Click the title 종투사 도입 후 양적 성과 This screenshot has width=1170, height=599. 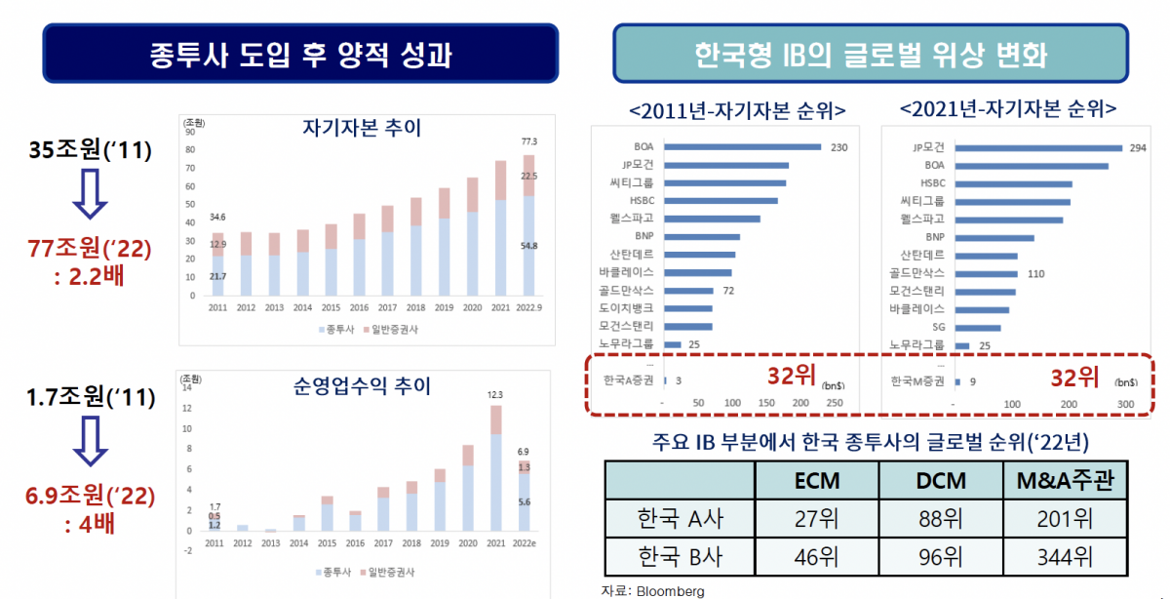(x=300, y=53)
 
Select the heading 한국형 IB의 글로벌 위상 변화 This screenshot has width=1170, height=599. (x=871, y=55)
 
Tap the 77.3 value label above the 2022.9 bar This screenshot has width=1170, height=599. (x=528, y=142)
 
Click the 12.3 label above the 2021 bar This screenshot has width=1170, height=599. (x=495, y=394)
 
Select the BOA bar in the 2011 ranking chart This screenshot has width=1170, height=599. (x=743, y=147)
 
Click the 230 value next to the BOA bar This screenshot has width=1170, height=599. (x=838, y=147)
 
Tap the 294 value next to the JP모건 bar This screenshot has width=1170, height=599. (x=1137, y=147)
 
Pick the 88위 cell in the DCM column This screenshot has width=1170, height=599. (x=941, y=517)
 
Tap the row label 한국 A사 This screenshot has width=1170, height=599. (x=681, y=517)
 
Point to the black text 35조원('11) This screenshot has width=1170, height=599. (x=90, y=151)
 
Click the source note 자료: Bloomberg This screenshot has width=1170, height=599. (x=653, y=590)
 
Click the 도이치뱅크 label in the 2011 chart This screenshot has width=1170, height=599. (x=629, y=308)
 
